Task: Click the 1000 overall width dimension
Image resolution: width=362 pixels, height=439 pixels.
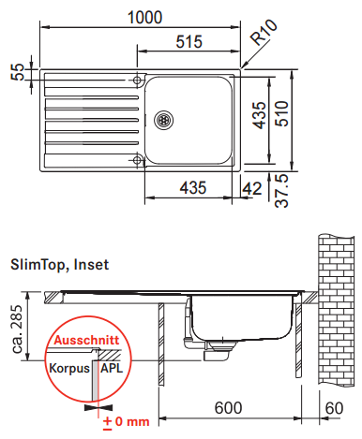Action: [145, 18]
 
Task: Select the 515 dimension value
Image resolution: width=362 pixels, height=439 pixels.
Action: [189, 41]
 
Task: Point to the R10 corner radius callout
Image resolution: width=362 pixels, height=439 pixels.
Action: [264, 32]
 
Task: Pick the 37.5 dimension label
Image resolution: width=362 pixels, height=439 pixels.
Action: [281, 191]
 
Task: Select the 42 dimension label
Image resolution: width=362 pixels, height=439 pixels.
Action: [252, 188]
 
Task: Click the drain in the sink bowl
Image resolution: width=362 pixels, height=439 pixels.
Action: [163, 120]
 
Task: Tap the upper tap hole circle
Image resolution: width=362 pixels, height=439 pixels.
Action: [137, 80]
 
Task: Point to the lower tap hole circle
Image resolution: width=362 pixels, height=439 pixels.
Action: [137, 160]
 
